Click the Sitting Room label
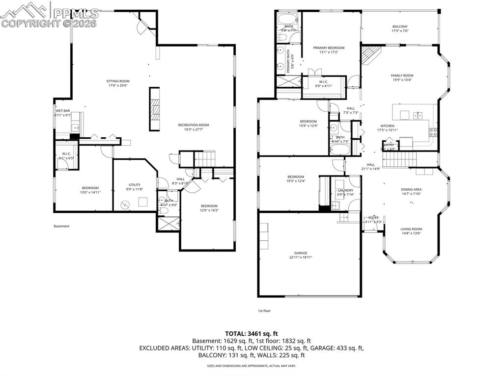click(118, 81)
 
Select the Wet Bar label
click(63, 111)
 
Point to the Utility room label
click(135, 185)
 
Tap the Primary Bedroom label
click(329, 48)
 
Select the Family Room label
click(402, 75)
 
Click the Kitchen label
click(388, 125)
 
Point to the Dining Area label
click(411, 189)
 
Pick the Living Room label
click(411, 229)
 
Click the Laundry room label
click(345, 190)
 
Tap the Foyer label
click(373, 218)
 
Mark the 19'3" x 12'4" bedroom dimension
click(295, 181)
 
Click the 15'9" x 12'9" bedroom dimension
click(308, 125)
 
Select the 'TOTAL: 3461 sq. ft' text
click(251, 333)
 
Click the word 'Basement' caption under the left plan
click(61, 226)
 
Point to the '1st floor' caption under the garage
click(264, 310)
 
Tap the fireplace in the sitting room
click(155, 109)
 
